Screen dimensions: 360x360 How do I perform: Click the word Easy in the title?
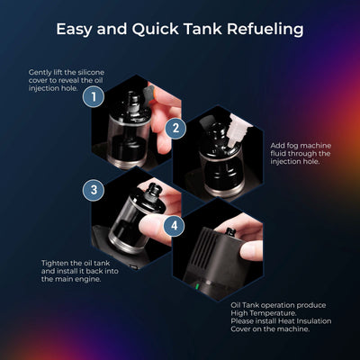[76, 29]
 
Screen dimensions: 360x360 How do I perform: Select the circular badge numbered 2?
[176, 129]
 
